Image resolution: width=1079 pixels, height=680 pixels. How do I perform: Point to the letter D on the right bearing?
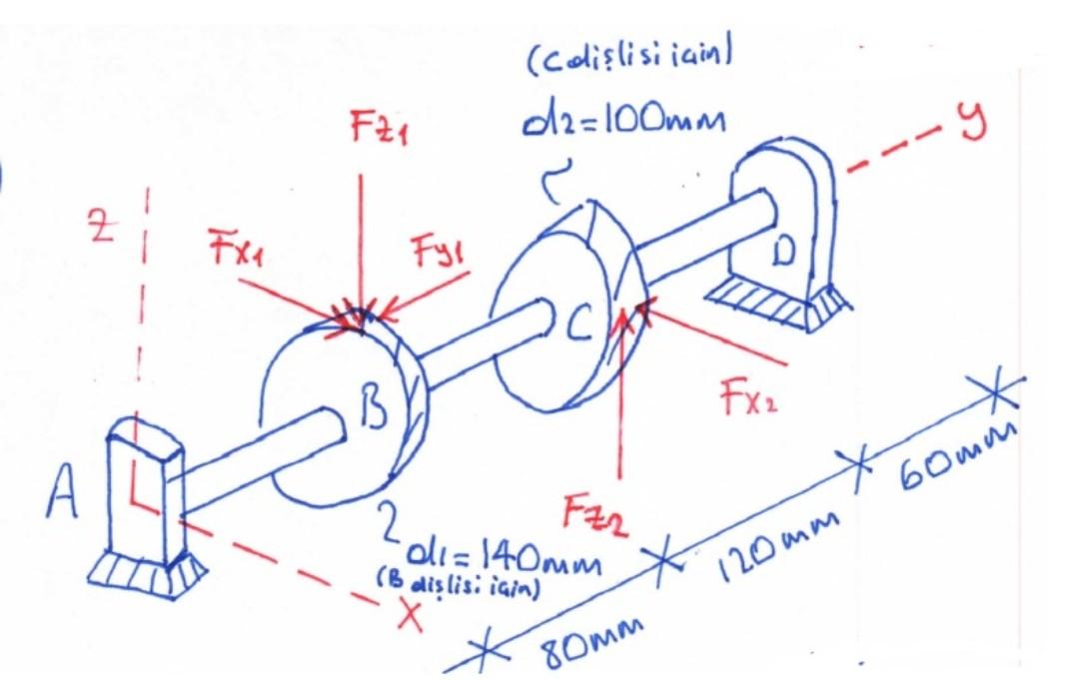click(783, 251)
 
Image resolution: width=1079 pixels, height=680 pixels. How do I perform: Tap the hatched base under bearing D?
click(774, 304)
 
